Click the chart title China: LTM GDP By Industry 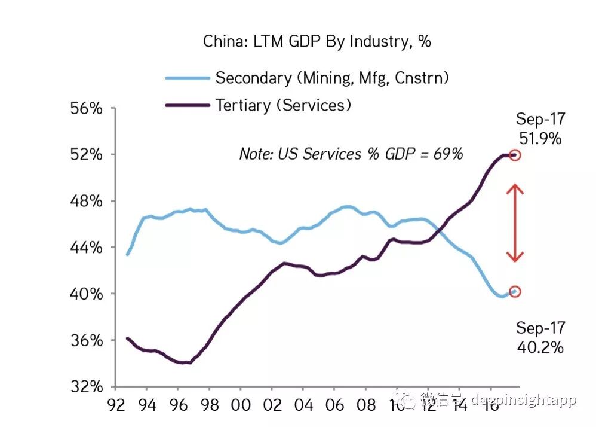(317, 41)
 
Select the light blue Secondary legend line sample (187, 78)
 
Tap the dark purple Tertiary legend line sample (187, 105)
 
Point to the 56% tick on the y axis (87, 109)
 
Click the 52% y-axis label (87, 155)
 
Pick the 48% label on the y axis (87, 201)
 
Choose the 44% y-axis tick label (87, 248)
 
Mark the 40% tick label (87, 294)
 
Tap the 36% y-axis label (87, 340)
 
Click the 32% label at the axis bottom (87, 386)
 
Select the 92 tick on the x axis (115, 405)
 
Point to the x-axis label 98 (209, 405)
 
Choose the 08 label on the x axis (365, 405)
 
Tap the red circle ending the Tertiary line (515, 155)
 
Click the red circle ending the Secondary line (515, 292)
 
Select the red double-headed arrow (515, 223)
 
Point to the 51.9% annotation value (540, 139)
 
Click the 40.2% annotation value (540, 347)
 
